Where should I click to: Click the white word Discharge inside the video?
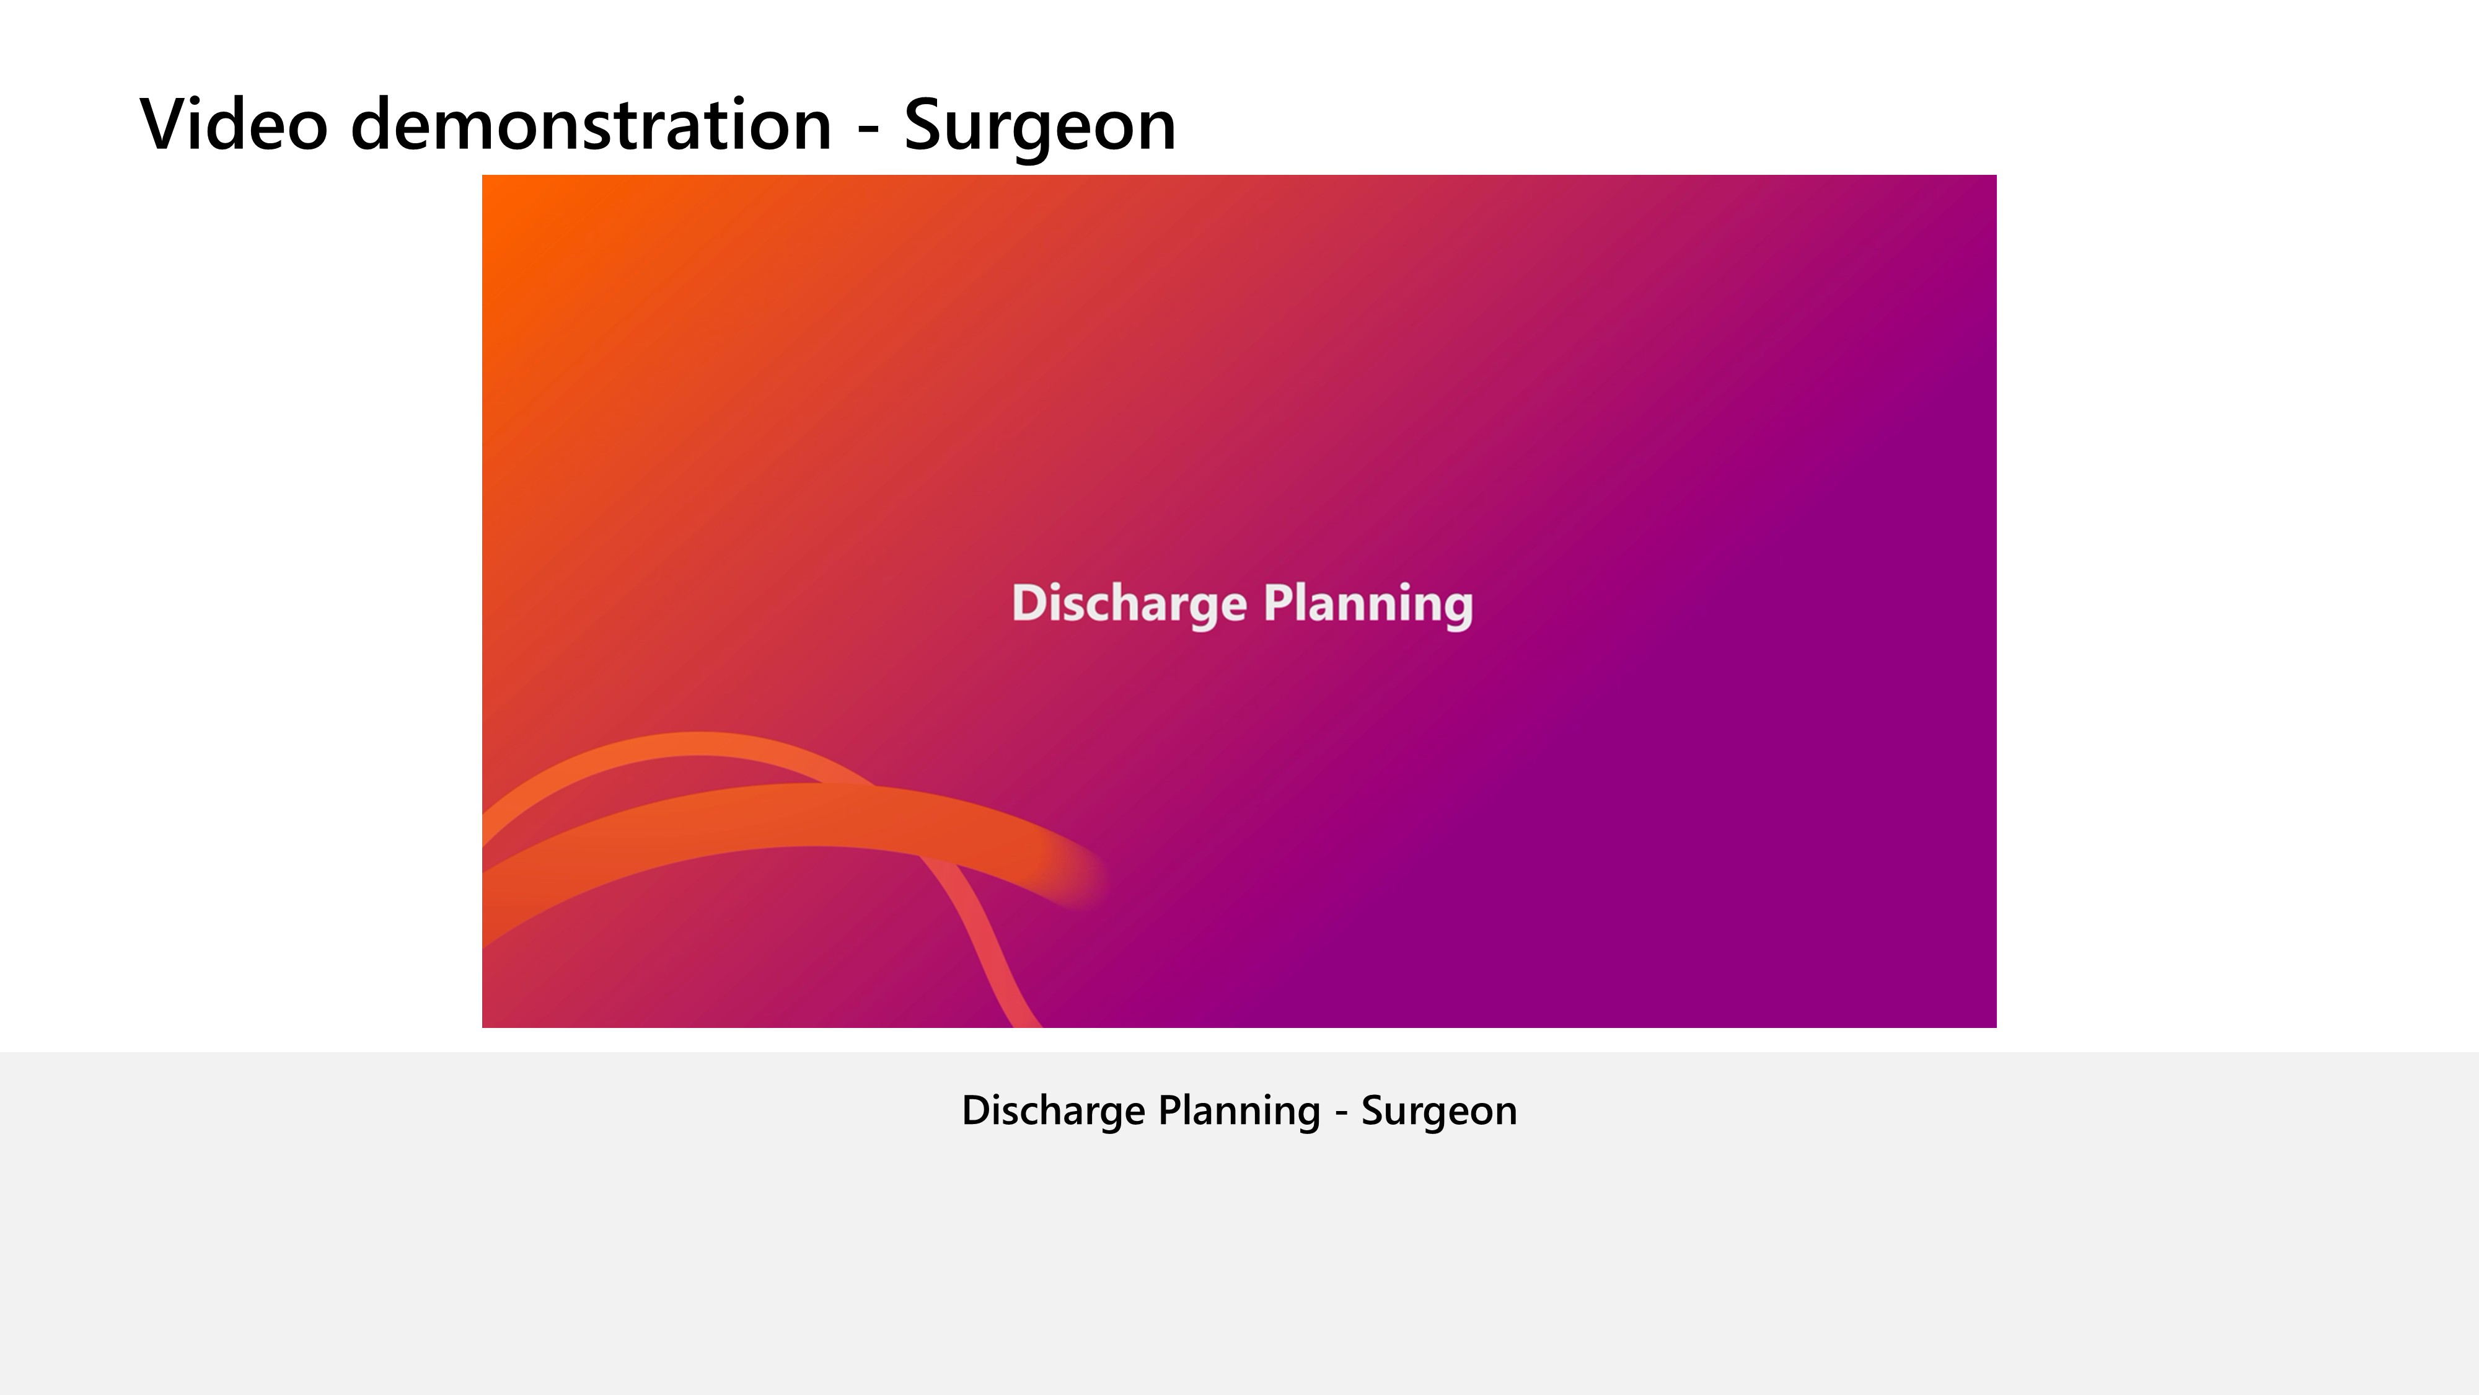1129,604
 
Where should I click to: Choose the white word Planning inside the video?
1368,604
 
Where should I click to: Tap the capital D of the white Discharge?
1029,604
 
